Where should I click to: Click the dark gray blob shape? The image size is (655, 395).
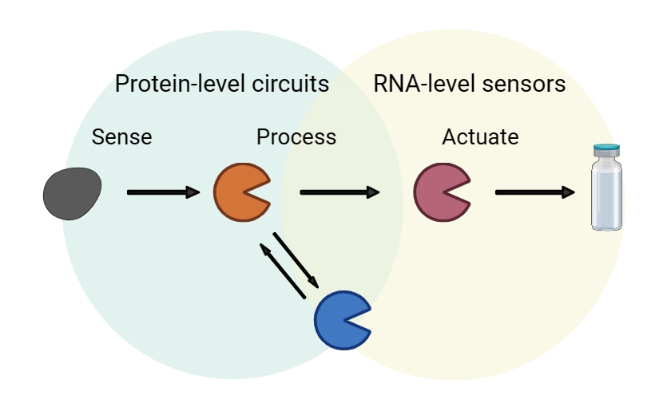[x=73, y=193]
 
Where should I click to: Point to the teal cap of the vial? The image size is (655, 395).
[x=606, y=148]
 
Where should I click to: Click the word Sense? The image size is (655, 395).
[x=121, y=137]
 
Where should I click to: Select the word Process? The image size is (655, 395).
[x=296, y=137]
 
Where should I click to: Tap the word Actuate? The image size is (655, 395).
[x=480, y=137]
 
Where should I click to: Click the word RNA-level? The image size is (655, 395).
[x=424, y=84]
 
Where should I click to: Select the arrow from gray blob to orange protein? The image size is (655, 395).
[x=163, y=192]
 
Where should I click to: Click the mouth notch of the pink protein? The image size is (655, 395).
[x=460, y=192]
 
